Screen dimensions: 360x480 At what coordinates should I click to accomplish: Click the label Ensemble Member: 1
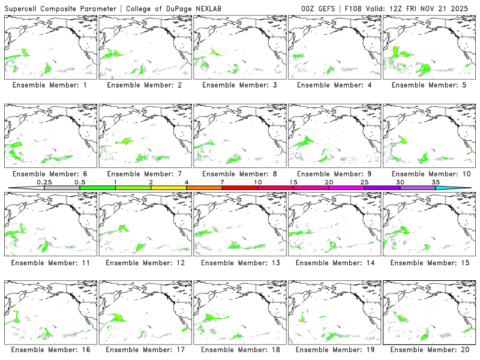[50, 85]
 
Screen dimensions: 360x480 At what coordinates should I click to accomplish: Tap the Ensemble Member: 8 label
[239, 174]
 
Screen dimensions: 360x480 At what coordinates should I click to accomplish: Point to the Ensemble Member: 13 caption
[239, 263]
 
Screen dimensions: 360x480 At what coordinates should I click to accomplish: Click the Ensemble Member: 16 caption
[50, 350]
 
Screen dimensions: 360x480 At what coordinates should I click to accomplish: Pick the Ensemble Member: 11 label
[50, 263]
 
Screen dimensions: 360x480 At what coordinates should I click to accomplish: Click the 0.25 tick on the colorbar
[44, 182]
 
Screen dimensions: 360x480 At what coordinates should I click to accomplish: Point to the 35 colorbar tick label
[436, 182]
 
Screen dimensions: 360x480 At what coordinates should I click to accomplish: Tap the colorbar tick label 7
[222, 182]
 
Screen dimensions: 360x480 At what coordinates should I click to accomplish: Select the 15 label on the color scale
[293, 182]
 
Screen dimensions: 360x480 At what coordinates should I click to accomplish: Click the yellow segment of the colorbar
[169, 188]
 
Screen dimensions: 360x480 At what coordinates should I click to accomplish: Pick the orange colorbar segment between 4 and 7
[204, 188]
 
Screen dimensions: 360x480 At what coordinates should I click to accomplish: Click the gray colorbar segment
[62, 188]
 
